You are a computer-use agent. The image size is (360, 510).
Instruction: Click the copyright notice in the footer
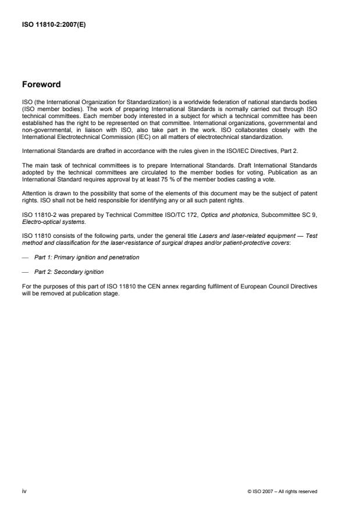pyautogui.click(x=282, y=491)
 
